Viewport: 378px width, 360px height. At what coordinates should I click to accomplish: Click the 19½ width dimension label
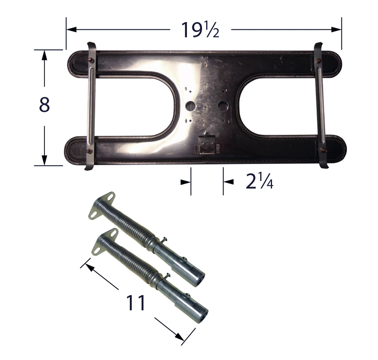(200, 30)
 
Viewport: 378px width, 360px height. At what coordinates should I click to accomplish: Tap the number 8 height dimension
(45, 105)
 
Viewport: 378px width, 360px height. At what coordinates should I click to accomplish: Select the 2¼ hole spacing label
(259, 181)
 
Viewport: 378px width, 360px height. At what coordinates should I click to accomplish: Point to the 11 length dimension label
(136, 302)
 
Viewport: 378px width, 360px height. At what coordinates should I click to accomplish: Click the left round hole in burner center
(190, 106)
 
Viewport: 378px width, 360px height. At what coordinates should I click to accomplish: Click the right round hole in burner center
(223, 105)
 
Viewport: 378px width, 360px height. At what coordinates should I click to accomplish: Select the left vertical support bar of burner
(91, 106)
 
